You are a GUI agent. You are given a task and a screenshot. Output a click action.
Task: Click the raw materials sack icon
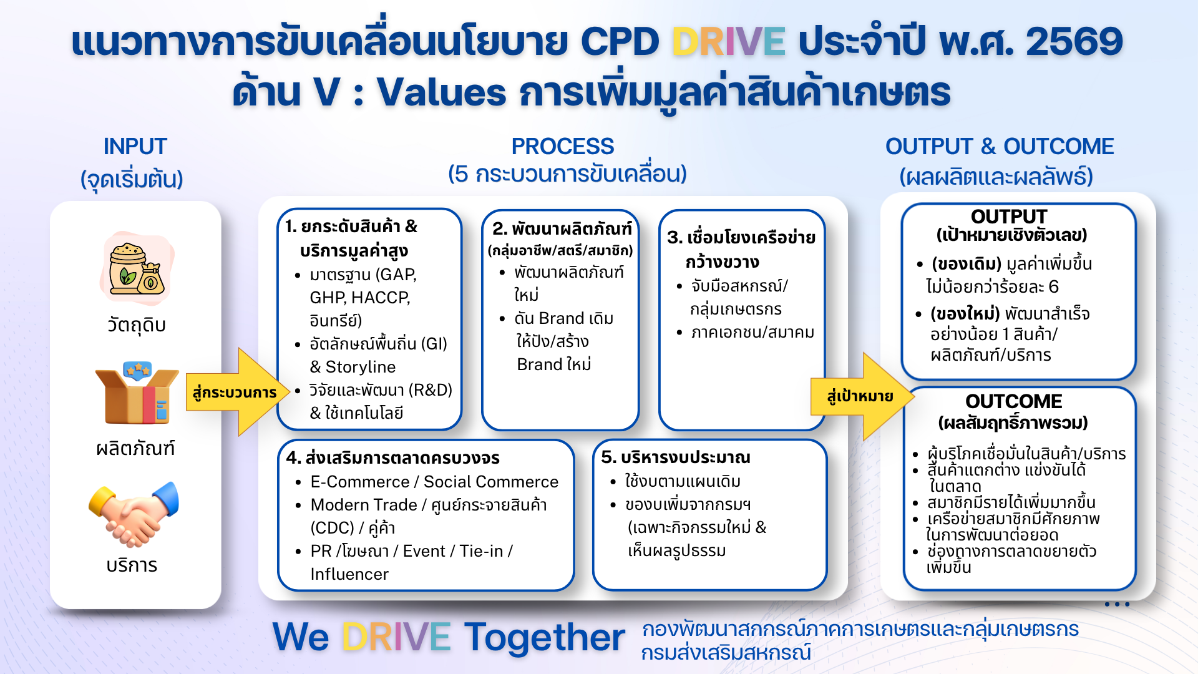pos(137,268)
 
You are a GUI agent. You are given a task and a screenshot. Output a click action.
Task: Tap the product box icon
pos(137,393)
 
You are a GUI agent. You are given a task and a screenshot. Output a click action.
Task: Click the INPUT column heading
pos(135,147)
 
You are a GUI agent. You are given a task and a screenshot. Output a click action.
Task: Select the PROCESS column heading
pos(563,147)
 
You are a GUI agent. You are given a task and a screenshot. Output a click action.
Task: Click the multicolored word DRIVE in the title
pos(728,42)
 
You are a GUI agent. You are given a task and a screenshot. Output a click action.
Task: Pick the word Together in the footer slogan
pos(544,638)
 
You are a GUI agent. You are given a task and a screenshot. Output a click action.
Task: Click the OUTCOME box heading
pos(1013,401)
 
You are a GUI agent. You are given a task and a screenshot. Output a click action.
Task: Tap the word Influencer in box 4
pos(349,574)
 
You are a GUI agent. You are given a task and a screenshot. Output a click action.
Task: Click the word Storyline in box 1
pos(361,367)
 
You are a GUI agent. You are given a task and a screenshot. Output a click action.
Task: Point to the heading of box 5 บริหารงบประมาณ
pos(676,457)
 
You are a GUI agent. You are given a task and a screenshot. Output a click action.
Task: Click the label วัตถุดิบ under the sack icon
pos(137,325)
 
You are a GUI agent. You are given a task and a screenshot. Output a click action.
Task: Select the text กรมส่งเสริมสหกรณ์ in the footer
pos(726,653)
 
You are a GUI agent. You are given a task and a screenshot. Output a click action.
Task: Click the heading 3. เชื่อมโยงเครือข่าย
pos(741,238)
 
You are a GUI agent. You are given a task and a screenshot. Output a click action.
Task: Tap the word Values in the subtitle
pos(441,92)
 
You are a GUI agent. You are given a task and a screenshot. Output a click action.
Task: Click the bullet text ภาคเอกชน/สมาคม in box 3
pos(752,333)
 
